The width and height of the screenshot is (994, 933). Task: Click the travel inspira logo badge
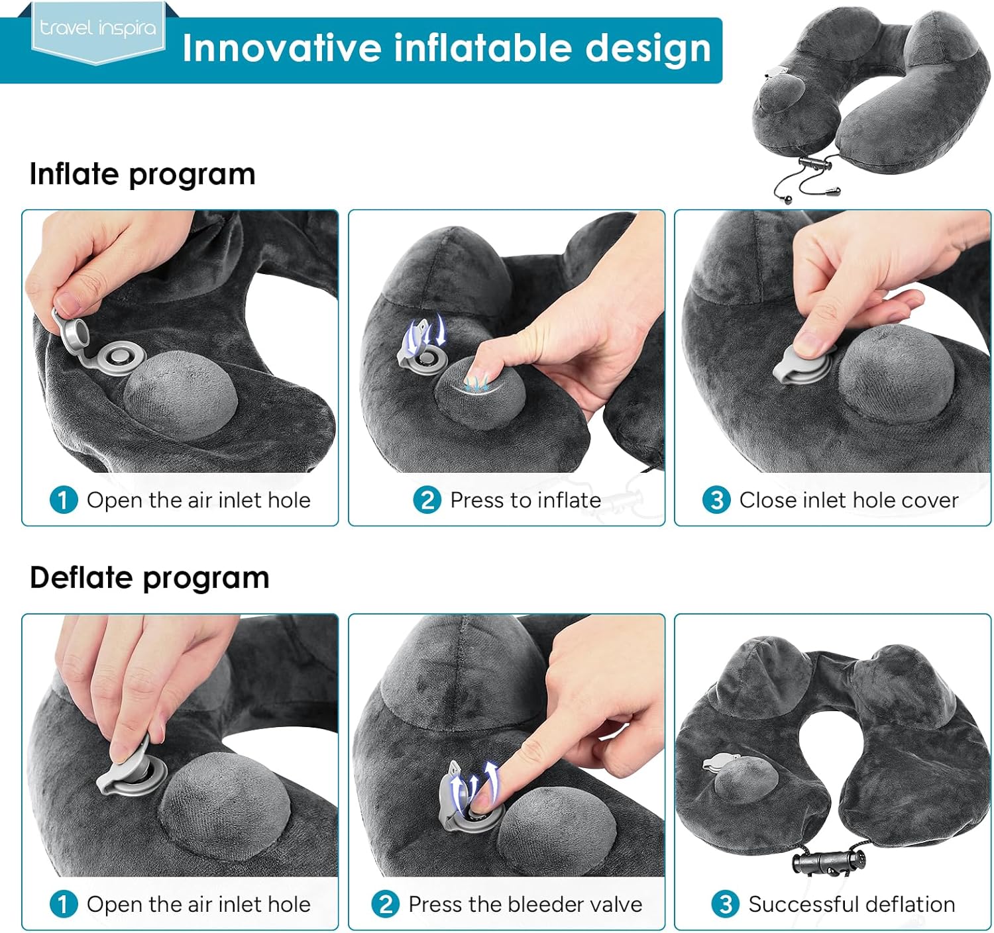coord(98,32)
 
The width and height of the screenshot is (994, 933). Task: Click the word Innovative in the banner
coord(282,48)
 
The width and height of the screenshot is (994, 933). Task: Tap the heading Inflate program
coord(142,175)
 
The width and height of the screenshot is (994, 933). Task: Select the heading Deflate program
coord(150,578)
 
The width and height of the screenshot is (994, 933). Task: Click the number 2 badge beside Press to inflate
coord(427,500)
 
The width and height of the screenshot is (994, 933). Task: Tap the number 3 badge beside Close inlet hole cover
coord(717,500)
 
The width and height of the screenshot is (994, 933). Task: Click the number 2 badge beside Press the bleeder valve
coord(386,905)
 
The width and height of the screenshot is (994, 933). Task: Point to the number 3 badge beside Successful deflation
coord(725,905)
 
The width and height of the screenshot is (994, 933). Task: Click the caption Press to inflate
coord(525,501)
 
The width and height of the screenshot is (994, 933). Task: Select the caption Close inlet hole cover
coord(849,501)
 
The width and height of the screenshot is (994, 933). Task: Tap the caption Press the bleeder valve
coord(525,905)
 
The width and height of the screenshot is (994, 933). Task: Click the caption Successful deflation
coord(852,905)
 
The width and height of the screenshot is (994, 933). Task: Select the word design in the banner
coord(648,49)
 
